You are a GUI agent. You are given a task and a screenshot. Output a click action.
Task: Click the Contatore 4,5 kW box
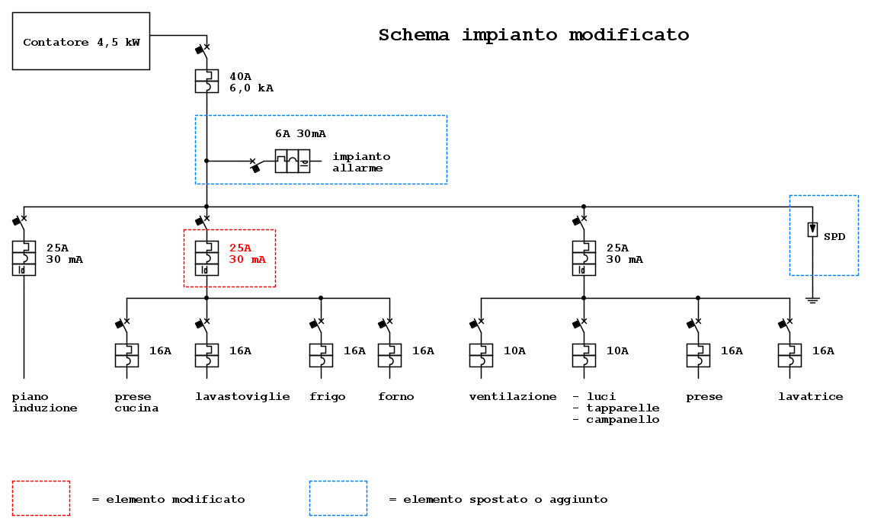tap(81, 41)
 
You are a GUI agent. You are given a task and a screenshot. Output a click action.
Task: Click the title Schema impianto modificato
tap(533, 35)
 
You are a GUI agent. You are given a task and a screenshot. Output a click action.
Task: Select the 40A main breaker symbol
tap(207, 81)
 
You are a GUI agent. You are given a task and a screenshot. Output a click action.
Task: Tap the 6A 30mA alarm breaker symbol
tap(293, 161)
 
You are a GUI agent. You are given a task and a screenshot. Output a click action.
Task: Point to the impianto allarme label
tap(360, 162)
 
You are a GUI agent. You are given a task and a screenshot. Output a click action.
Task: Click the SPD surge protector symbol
tap(812, 229)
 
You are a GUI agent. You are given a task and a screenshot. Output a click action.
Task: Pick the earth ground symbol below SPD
tap(812, 300)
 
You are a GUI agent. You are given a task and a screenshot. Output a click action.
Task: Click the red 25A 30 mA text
tap(248, 254)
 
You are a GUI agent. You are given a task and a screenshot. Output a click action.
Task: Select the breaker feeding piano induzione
tap(24, 258)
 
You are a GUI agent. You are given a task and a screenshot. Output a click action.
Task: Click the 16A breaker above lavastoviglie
tap(207, 355)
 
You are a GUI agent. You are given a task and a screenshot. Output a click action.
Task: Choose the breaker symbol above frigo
tap(321, 355)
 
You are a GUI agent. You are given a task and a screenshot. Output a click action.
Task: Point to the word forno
tap(395, 397)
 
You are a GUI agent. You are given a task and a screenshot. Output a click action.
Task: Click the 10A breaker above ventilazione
tap(481, 355)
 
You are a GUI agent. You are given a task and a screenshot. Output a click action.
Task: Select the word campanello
tap(622, 420)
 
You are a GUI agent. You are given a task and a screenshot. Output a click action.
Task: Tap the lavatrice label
tap(810, 397)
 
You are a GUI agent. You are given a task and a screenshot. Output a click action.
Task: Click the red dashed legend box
tap(41, 498)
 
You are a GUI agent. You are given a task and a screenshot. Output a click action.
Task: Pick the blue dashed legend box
tap(338, 498)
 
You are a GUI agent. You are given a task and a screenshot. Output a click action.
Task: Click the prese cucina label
tap(136, 402)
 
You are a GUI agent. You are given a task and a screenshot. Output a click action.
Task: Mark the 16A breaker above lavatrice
tap(789, 355)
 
